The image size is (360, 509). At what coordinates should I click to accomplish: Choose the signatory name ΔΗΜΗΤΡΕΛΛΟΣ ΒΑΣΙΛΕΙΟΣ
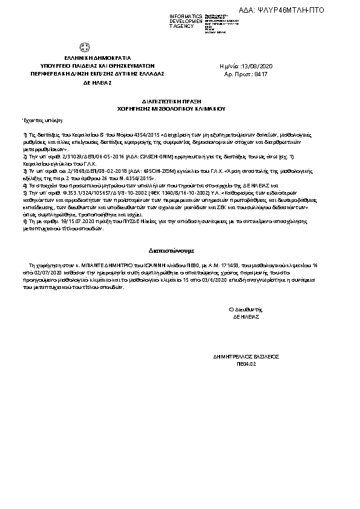click(x=246, y=357)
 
